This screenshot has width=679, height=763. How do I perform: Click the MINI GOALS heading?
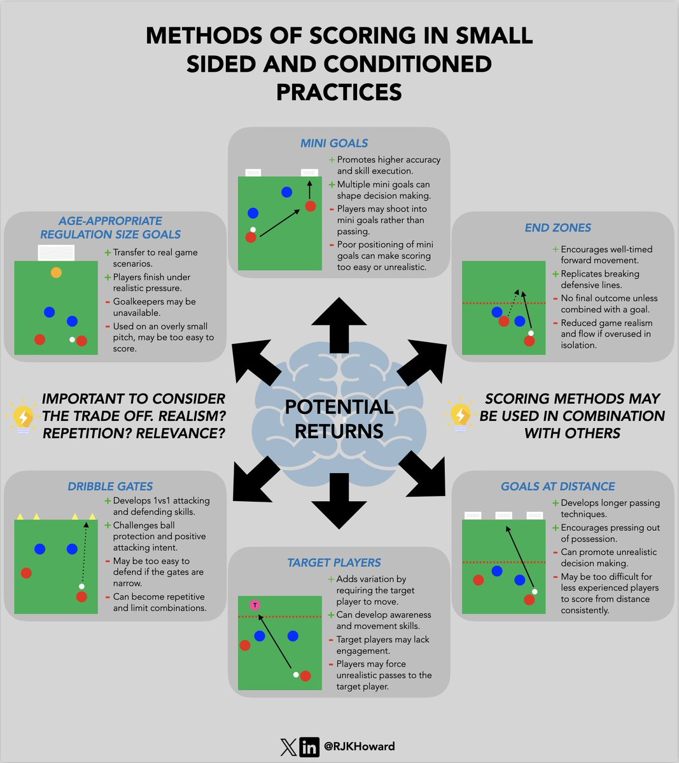[x=334, y=143]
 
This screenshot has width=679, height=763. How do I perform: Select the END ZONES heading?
[x=557, y=228]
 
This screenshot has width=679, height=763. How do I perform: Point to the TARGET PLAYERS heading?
[x=334, y=563]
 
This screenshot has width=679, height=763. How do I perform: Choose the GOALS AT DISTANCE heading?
[x=557, y=486]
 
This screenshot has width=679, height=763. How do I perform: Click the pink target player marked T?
[x=255, y=605]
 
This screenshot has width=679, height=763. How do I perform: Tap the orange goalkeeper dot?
[x=56, y=272]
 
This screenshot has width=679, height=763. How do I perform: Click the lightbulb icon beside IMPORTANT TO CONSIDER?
[x=22, y=416]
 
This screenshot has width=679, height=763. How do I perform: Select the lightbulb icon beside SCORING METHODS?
[x=459, y=415]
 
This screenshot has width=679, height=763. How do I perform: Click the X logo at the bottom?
[x=289, y=746]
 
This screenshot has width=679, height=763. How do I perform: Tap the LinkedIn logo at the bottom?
[x=309, y=746]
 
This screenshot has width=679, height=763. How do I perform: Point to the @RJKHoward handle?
[x=358, y=746]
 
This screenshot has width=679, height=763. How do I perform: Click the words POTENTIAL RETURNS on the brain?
[x=339, y=419]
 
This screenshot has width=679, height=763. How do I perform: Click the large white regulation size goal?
[x=56, y=253]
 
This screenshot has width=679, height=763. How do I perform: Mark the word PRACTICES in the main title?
[x=339, y=92]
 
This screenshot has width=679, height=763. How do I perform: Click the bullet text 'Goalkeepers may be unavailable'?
[x=154, y=307]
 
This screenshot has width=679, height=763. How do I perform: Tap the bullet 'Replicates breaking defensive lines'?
[x=599, y=279]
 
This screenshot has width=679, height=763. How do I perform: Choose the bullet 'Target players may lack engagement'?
[x=382, y=645]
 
